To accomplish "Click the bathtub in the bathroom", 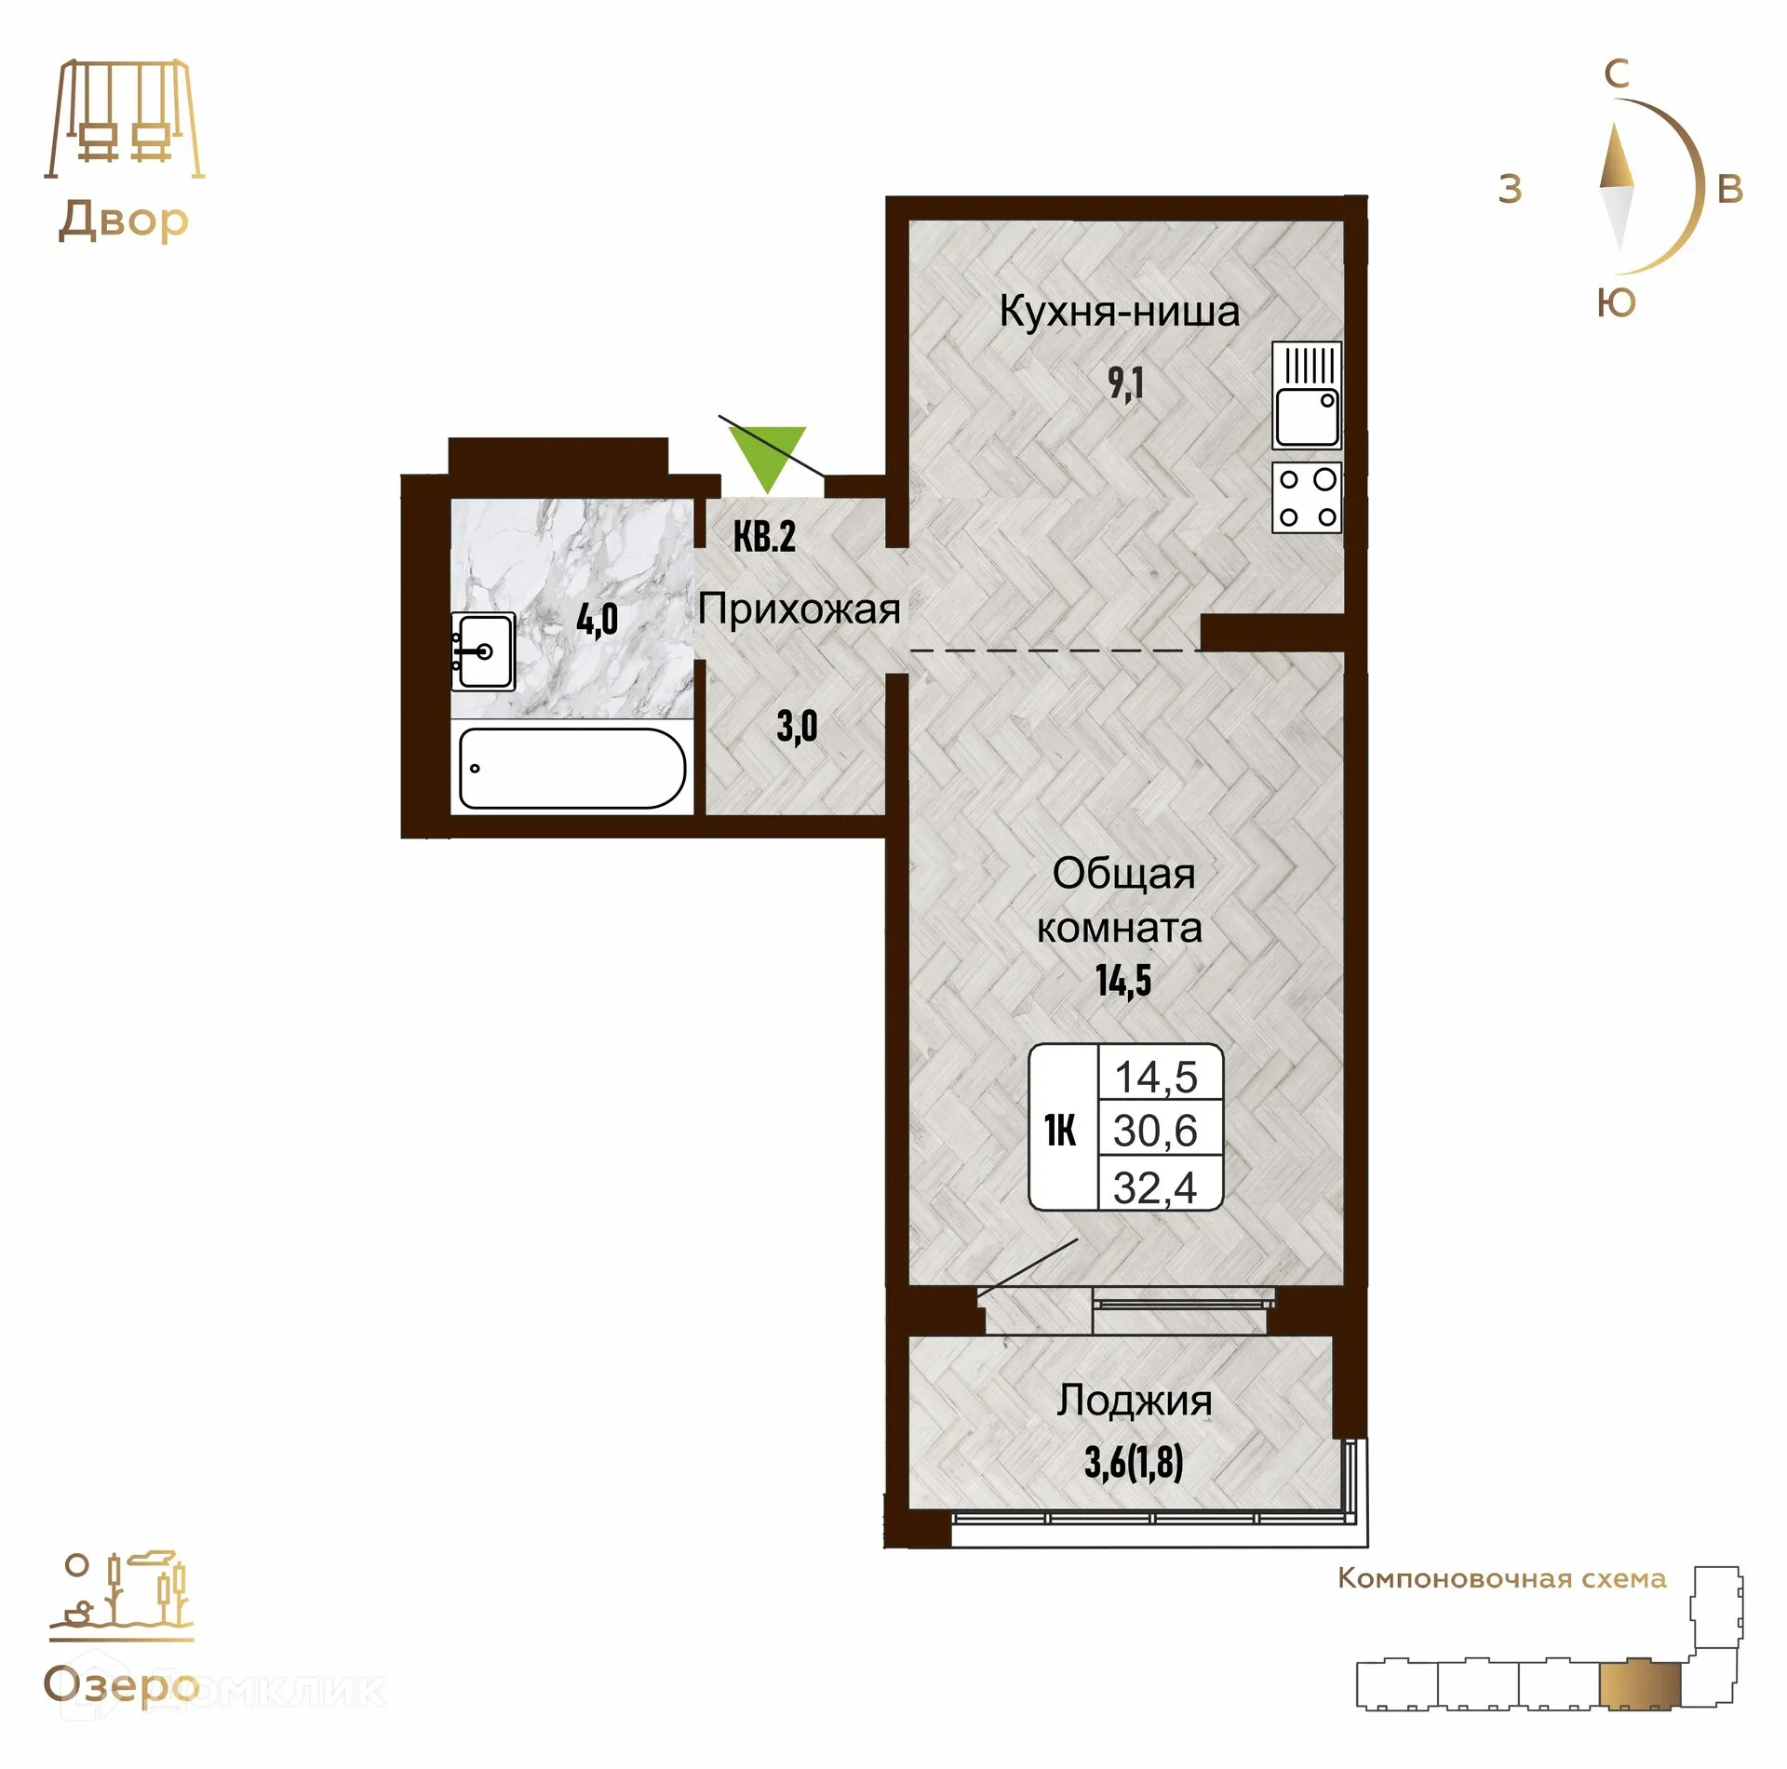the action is [572, 768].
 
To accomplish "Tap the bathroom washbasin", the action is [483, 650].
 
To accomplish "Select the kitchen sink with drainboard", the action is [1307, 395].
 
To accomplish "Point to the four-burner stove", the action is [1307, 497].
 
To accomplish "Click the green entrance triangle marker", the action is [768, 457].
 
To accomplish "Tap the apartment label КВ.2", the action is [764, 537].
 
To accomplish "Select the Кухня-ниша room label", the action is [1119, 312].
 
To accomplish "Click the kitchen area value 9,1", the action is [1125, 382].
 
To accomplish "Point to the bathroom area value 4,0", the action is [597, 619].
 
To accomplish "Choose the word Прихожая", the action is [799, 610].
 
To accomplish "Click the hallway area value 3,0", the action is [797, 726].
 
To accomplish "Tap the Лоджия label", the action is [1134, 1400].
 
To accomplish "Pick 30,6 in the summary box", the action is [1155, 1131].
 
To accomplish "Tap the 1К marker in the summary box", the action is [1060, 1131].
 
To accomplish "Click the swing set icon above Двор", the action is [125, 119].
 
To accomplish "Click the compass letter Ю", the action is [1616, 303].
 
